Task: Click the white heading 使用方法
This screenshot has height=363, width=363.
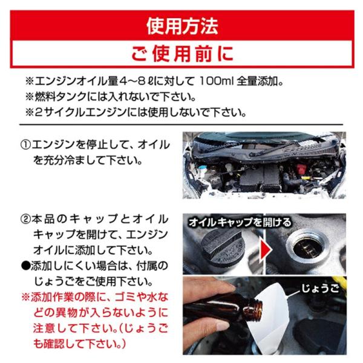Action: (182, 26)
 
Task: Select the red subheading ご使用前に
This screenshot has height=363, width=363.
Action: (182, 54)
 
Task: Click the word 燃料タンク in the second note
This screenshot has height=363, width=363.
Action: (60, 97)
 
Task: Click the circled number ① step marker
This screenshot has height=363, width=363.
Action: (25, 145)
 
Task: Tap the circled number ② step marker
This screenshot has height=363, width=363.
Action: (25, 219)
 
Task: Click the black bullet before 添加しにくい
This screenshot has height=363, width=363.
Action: (25, 266)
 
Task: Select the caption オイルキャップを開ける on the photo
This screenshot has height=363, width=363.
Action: (240, 223)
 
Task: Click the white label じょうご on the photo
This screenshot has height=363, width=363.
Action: (320, 289)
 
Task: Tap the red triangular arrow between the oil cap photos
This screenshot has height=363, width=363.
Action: (266, 249)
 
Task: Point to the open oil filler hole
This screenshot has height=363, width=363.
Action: (307, 249)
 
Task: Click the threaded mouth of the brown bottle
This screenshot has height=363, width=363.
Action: (257, 310)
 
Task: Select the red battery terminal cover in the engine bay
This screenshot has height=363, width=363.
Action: (301, 169)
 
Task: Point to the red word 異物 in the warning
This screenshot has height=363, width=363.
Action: (66, 313)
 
